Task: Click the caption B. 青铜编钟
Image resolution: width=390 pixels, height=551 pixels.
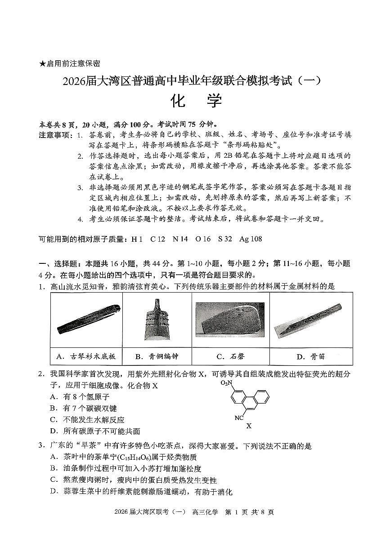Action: (x=157, y=356)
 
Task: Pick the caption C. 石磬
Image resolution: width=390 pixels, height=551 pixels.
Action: (x=230, y=356)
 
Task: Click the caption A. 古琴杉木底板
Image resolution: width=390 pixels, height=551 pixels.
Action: (x=86, y=356)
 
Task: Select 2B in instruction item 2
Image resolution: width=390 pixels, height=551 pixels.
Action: (x=229, y=156)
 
